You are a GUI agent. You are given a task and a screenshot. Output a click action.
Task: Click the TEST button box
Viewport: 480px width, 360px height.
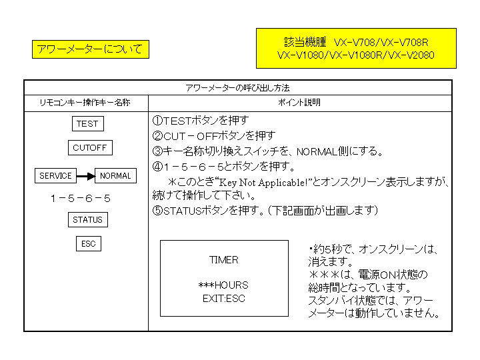pos(87,124)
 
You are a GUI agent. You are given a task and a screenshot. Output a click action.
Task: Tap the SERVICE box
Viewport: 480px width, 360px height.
pos(56,176)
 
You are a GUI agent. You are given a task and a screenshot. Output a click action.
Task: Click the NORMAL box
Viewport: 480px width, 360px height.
pos(115,176)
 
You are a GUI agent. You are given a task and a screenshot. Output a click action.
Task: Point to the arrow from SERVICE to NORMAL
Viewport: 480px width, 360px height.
pos(85,176)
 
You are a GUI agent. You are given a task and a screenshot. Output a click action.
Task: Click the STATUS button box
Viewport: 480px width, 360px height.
pos(88,220)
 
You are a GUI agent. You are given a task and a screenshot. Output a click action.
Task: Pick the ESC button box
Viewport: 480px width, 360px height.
pos(89,244)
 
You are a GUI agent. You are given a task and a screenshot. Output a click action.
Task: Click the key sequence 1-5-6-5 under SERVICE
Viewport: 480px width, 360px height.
pos(80,199)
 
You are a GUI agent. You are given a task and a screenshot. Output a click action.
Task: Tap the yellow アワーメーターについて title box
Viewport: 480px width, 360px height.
pos(90,49)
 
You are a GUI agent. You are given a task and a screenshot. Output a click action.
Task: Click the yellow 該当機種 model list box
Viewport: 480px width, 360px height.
pos(356,48)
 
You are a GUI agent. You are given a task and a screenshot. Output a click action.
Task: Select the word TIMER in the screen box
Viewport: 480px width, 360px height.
pos(223,260)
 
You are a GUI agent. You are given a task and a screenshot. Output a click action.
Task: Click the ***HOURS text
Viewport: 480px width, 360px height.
pos(223,285)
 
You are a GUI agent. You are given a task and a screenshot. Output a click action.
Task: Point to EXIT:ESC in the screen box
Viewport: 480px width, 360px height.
pos(223,299)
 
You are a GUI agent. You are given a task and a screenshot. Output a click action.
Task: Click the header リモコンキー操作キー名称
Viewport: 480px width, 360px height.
pos(86,103)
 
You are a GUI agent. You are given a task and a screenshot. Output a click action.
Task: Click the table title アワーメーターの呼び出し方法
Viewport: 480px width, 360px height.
pos(237,88)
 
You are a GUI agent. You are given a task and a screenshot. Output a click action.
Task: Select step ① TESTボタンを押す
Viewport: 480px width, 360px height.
pos(201,121)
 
